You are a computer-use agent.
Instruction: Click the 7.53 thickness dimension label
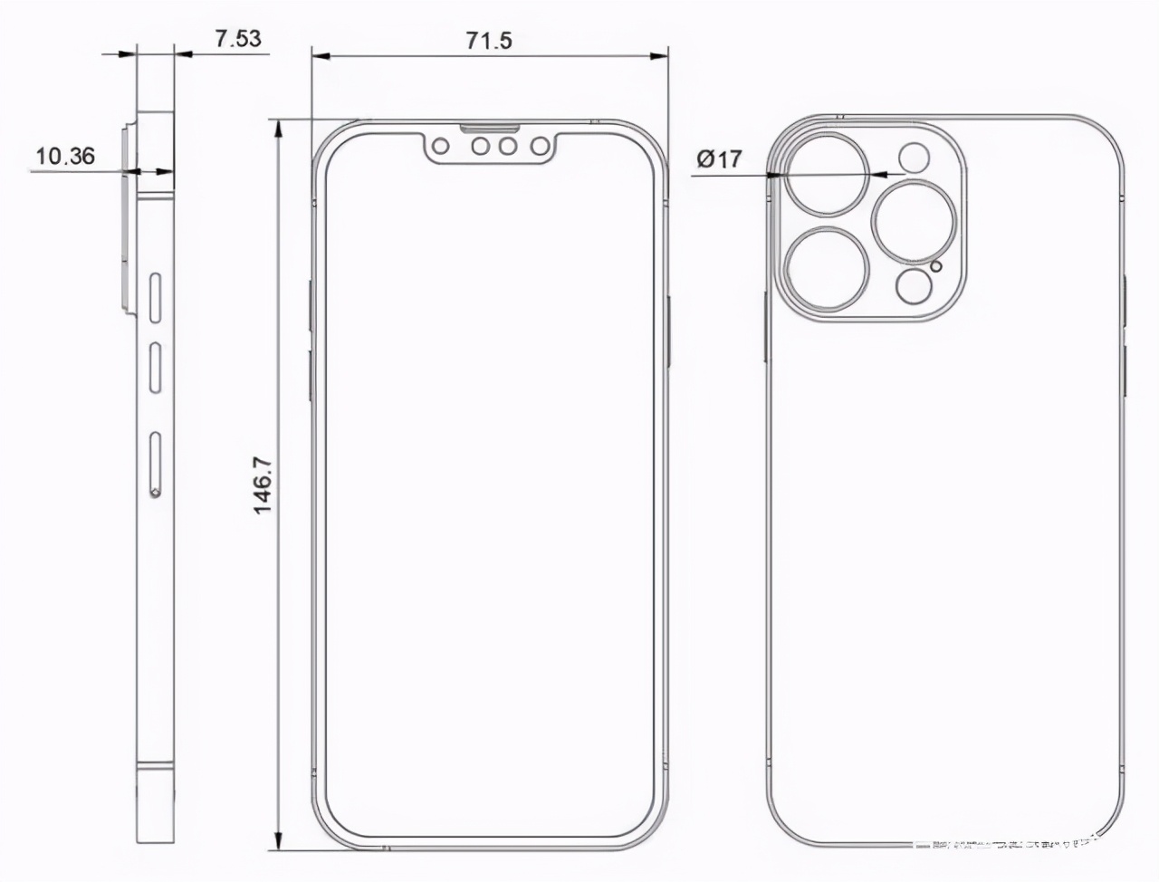click(x=238, y=38)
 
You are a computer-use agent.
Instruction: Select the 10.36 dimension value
click(x=64, y=156)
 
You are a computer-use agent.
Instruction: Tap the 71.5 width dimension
click(x=488, y=40)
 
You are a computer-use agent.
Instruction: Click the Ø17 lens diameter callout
click(x=719, y=159)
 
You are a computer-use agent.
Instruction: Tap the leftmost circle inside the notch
click(x=443, y=145)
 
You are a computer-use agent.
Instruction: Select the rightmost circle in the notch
click(x=540, y=145)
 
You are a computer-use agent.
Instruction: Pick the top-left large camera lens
click(x=828, y=174)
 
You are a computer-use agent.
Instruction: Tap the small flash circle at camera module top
click(x=915, y=158)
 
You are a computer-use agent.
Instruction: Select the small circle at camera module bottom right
click(x=914, y=287)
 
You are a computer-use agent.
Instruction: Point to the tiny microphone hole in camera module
click(x=936, y=265)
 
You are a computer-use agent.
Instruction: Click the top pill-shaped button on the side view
click(x=156, y=295)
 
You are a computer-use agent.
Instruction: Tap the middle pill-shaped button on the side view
click(x=156, y=368)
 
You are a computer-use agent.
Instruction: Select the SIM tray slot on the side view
click(x=156, y=465)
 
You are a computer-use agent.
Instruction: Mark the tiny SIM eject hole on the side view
click(x=156, y=494)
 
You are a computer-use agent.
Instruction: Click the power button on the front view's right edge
click(x=667, y=331)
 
